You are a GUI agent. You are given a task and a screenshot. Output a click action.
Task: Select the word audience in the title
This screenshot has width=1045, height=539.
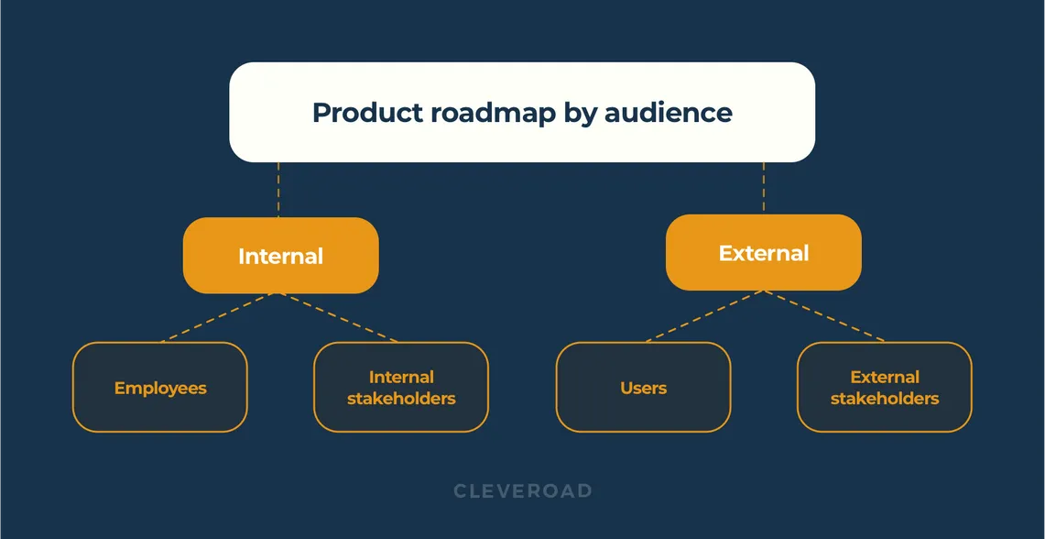(x=668, y=113)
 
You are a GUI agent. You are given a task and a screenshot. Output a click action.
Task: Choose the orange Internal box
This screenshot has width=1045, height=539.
(x=280, y=256)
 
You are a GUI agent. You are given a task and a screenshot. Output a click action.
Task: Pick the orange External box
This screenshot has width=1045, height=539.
(x=763, y=253)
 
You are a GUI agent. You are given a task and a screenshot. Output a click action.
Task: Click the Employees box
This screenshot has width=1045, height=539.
(x=160, y=388)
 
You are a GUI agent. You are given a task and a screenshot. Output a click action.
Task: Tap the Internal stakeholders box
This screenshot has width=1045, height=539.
(x=401, y=387)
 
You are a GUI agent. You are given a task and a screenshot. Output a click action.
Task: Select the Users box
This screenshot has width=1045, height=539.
(x=643, y=388)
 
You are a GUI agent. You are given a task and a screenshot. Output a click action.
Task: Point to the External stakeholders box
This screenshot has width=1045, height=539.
(x=884, y=387)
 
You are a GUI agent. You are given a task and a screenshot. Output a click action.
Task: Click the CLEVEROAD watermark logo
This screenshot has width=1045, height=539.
(x=523, y=491)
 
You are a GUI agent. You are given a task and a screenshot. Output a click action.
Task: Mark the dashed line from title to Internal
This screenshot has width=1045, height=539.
(x=278, y=190)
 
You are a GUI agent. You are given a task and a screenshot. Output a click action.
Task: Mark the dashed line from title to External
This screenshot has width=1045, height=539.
(x=763, y=188)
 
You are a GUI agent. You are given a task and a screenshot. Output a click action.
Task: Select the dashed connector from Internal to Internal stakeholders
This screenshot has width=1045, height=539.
(x=339, y=317)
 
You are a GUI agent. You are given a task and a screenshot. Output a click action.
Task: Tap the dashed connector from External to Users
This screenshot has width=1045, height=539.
(x=704, y=315)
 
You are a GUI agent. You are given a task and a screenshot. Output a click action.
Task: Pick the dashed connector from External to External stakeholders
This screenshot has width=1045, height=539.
(x=824, y=315)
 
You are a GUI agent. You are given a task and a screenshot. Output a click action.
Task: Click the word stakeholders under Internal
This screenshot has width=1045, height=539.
(x=401, y=399)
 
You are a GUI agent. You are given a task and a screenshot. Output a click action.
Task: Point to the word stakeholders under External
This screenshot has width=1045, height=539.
(x=884, y=399)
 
